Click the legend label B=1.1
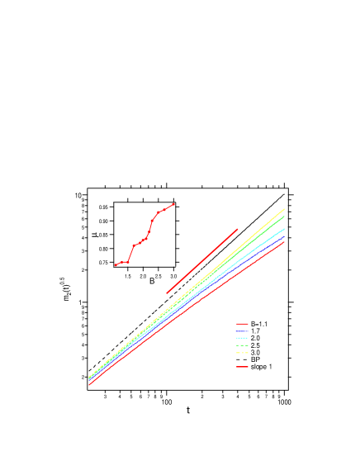coord(258,324)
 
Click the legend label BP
coord(255,359)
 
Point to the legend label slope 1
coord(260,367)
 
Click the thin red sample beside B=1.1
coord(241,324)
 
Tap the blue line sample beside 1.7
coord(241,331)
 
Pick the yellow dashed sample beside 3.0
coord(241,353)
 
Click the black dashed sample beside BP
coord(241,359)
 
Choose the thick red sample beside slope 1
coord(241,367)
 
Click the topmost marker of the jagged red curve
coord(173,204)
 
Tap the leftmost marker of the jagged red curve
coord(116,265)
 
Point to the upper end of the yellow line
coord(284,209)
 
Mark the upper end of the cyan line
coord(284,228)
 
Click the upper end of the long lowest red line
coord(284,243)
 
